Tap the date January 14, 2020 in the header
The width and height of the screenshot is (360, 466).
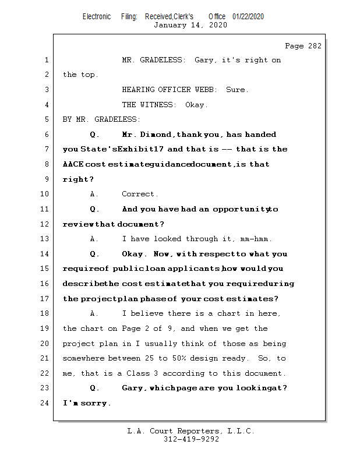190,25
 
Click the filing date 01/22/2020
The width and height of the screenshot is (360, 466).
248,17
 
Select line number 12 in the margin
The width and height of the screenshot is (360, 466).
45,224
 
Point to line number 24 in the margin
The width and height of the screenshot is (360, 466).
45,403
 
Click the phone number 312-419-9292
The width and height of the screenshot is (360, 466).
191,439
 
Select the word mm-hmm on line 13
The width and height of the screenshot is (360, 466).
256,239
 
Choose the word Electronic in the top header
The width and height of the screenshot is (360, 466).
97,17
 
